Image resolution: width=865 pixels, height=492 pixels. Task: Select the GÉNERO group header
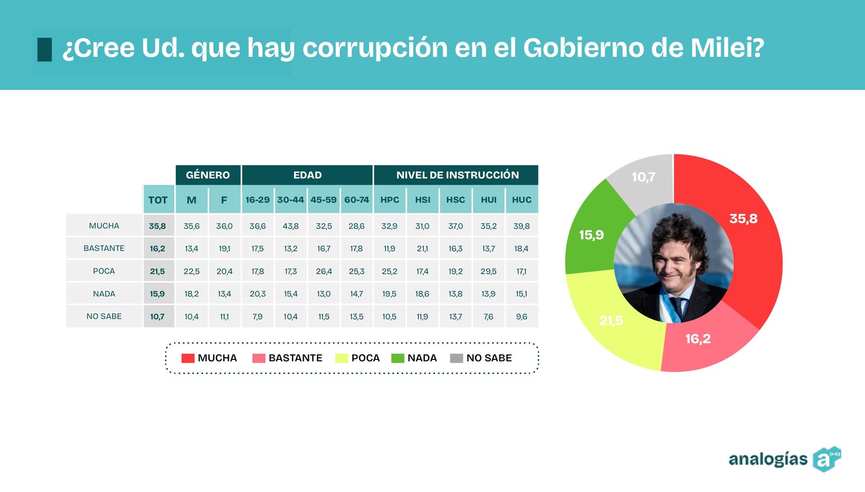pos(208,175)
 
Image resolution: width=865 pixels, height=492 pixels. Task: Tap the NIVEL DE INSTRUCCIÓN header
pos(457,175)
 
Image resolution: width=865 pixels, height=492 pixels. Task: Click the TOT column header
pos(158,200)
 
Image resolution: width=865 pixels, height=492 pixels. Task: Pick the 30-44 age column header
pos(290,200)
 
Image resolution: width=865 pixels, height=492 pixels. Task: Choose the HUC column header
pos(522,200)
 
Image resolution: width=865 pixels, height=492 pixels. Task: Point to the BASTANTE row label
pos(104,248)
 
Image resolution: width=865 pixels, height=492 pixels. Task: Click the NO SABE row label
pos(104,317)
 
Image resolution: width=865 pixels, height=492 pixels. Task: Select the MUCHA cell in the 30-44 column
pos(290,226)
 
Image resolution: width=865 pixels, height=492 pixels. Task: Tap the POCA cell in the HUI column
pos(489,271)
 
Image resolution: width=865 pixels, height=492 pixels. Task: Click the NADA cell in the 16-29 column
pos(257,294)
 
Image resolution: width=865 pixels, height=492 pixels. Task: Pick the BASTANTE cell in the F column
pos(224,249)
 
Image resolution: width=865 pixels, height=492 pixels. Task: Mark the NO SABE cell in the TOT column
pos(157,317)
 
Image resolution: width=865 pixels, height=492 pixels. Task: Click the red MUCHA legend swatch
pos(188,358)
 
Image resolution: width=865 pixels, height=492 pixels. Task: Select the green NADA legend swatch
pos(397,358)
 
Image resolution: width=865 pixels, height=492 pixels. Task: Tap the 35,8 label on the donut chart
pos(743,219)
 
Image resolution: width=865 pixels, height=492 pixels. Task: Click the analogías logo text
pos(768,459)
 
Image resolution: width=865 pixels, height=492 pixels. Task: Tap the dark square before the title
pos(44,49)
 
